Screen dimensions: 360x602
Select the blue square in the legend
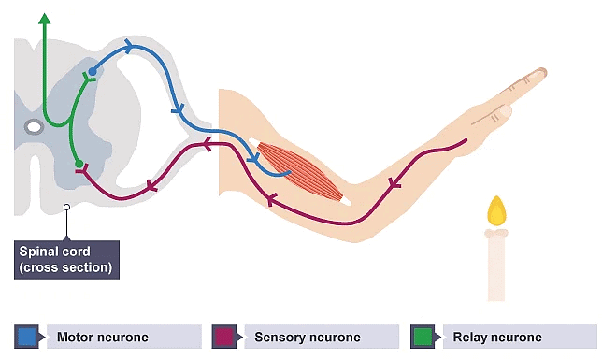[27, 336]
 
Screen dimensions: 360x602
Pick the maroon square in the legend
[223, 336]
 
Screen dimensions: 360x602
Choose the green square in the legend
[423, 336]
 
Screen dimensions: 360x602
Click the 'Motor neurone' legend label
[103, 337]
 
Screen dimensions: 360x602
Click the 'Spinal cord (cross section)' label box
[65, 259]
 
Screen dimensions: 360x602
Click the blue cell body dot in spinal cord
[92, 71]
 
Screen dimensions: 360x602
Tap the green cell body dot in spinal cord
[79, 165]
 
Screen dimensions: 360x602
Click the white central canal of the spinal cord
[34, 125]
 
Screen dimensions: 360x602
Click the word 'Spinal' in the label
[40, 252]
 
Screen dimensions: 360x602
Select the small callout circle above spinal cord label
[65, 207]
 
